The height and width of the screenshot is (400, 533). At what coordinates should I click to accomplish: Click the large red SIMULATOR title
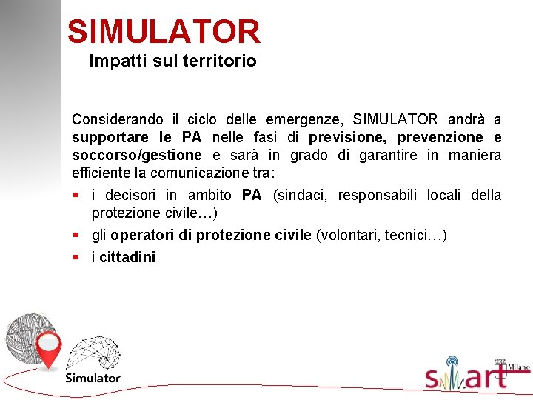click(x=164, y=32)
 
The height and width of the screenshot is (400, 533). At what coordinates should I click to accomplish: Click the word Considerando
click(x=113, y=119)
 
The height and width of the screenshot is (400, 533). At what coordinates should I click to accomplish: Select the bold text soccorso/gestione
click(x=136, y=155)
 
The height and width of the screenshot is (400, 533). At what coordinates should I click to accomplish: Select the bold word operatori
click(x=141, y=236)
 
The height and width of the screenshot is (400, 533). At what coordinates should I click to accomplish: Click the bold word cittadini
click(x=127, y=258)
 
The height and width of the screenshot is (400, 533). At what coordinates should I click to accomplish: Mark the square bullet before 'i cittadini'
click(x=76, y=258)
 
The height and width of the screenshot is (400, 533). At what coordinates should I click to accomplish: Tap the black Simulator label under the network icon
click(x=93, y=378)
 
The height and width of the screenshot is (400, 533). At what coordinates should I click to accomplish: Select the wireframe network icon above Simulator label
click(x=93, y=353)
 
